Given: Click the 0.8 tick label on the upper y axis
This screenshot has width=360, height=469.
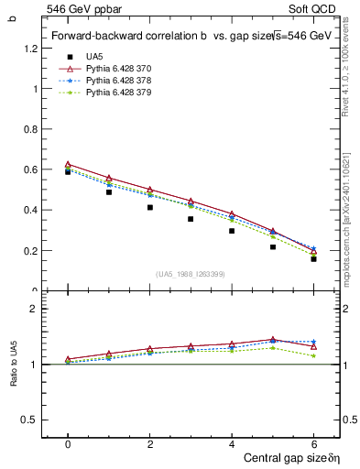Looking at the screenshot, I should click(34, 130).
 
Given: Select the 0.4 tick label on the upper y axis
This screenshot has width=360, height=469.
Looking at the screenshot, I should click(34, 211).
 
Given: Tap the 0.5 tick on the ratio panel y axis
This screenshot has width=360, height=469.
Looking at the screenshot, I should click(34, 420).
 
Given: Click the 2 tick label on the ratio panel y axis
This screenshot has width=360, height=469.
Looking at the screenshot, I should click(38, 310).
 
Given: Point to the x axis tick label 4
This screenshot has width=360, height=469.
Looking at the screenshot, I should click(232, 444).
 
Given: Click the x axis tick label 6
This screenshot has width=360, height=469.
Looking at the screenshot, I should click(313, 444).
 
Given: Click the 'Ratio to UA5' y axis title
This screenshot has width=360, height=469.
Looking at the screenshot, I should click(13, 364).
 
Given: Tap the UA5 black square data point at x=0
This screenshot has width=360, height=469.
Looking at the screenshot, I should click(68, 171).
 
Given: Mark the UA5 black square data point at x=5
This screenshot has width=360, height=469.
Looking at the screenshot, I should click(273, 246).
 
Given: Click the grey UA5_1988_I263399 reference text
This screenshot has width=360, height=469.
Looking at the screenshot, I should click(191, 274).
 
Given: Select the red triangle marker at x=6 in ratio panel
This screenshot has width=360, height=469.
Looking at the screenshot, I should click(313, 346).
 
